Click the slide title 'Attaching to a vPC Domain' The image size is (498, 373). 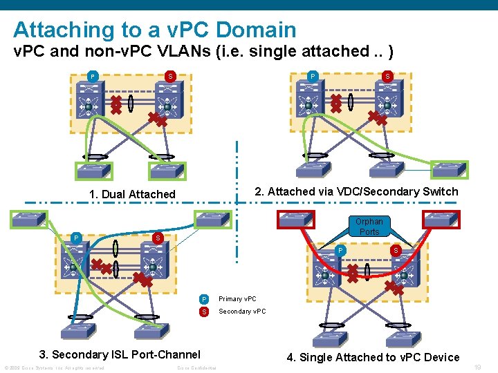tap(154, 30)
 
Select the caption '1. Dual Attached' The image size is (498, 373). tap(133, 194)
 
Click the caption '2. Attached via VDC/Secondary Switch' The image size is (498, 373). tap(356, 191)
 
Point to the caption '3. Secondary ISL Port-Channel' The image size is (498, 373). tap(120, 354)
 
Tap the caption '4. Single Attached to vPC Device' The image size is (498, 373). tap(373, 357)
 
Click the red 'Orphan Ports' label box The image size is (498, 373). tap(369, 227)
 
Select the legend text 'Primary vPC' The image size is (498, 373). tap(237, 299)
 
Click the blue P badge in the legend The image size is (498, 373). tap(203, 299)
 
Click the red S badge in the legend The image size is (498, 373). tap(203, 312)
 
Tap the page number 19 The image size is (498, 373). tap(477, 367)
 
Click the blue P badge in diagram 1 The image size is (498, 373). tap(93, 76)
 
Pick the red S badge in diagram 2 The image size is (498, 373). tap(388, 76)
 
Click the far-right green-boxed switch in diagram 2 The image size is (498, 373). tap(449, 170)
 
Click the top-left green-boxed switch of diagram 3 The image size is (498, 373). tap(28, 220)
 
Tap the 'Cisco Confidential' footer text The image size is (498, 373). tap(197, 367)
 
